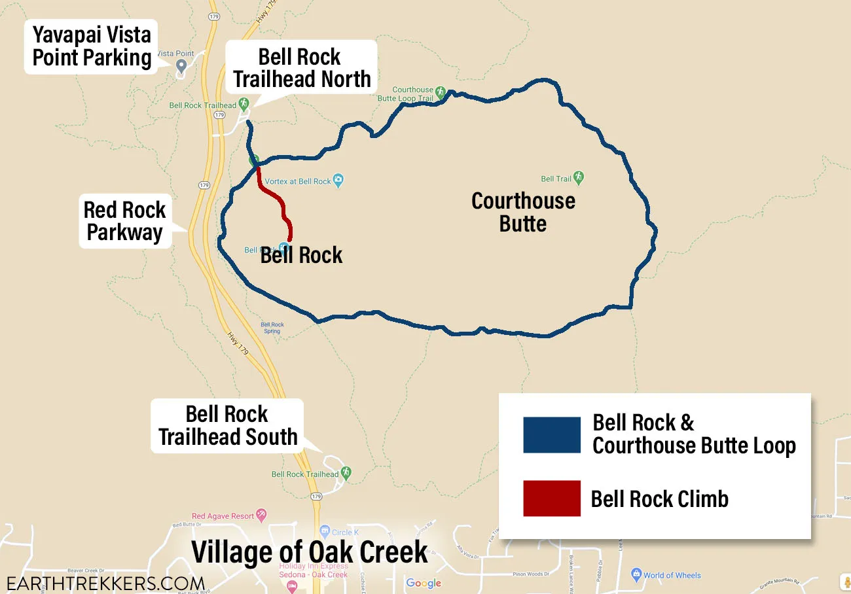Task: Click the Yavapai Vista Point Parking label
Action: (x=92, y=46)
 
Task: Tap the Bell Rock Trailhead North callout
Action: (x=302, y=67)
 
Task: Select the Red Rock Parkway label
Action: (x=124, y=221)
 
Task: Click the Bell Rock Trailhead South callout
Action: (x=227, y=425)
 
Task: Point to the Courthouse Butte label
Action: (x=523, y=212)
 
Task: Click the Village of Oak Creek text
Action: (x=310, y=552)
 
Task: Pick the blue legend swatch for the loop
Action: (x=551, y=435)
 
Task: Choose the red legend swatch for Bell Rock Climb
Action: (x=551, y=498)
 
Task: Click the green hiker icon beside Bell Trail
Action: (x=578, y=177)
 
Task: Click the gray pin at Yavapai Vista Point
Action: (x=182, y=65)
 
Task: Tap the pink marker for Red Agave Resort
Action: (x=262, y=515)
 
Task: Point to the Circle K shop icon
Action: (x=325, y=531)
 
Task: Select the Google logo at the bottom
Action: (x=424, y=584)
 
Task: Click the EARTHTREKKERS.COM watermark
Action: (x=105, y=584)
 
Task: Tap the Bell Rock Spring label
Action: (x=272, y=328)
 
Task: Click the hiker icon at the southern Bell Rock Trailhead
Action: (x=346, y=472)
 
